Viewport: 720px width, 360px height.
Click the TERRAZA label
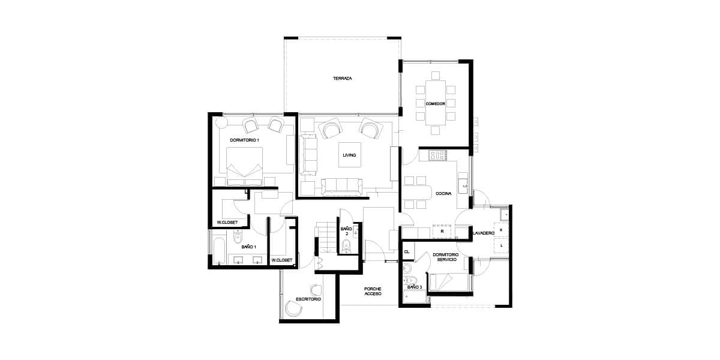(343, 78)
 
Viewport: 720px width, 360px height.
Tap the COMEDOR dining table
(436, 103)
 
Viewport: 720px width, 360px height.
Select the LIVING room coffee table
(349, 155)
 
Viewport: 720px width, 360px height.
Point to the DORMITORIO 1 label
(245, 140)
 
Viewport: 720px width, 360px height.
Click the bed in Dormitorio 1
(245, 166)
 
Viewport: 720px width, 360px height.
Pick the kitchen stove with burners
(439, 155)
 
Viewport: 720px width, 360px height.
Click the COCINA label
(443, 193)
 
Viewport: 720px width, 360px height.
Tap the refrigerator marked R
(442, 231)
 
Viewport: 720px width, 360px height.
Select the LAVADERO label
(483, 233)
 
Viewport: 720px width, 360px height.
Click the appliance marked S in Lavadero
(501, 230)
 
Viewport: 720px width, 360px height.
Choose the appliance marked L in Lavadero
(501, 245)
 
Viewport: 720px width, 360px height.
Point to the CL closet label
(407, 251)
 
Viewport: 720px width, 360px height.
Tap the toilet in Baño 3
(410, 280)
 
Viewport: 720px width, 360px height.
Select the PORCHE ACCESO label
(373, 291)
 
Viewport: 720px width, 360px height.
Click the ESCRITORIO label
(308, 299)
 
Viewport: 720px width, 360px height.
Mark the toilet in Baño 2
(346, 246)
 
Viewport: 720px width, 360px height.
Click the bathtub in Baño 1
(219, 251)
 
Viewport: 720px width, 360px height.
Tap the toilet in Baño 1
(238, 237)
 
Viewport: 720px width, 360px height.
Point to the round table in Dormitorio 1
(221, 123)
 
